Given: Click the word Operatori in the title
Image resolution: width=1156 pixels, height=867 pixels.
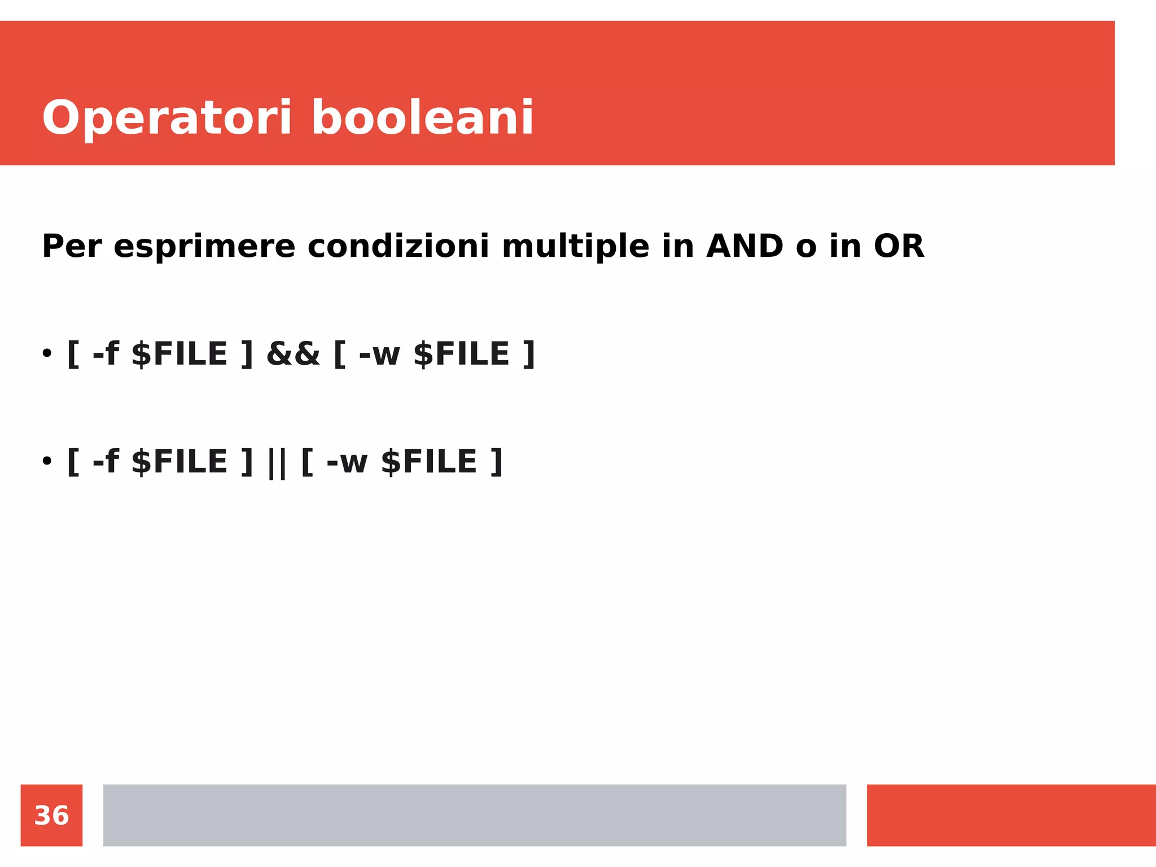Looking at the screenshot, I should pos(167,119).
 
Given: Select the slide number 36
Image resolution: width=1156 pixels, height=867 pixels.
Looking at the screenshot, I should pos(51,816).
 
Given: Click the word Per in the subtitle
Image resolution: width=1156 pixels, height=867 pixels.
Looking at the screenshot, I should pos(72,247).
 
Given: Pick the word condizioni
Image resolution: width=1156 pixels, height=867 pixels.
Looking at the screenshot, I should pos(398,247).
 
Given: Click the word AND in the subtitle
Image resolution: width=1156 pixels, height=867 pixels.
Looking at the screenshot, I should pos(745,247).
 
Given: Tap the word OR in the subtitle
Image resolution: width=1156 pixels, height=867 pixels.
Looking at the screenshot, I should pos(899,247).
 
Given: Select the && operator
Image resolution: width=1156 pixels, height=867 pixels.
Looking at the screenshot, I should pos(293,354).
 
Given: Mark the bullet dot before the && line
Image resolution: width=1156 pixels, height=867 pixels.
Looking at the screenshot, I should pos(47,354).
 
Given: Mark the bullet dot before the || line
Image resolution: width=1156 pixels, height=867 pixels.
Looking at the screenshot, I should pos(47,461).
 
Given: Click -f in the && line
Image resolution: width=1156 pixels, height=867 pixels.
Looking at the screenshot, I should pos(106,354).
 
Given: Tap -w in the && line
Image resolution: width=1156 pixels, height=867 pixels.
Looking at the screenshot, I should pos(379,354).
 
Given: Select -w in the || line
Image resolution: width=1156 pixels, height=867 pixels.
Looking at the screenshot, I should pos(347,462).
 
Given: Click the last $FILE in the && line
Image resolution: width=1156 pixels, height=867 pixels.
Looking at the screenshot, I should pos(462,354).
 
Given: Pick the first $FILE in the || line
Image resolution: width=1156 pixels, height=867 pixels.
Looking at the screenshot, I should pos(179,462).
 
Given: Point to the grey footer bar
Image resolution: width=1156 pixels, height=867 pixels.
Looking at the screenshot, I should pos(474,815).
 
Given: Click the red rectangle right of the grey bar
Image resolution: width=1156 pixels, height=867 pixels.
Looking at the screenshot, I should pos(1011,815).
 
